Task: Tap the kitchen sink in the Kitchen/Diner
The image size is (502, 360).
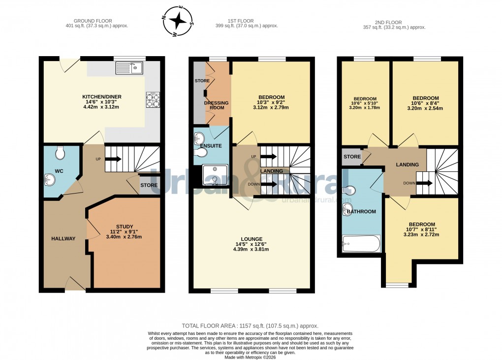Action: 129,68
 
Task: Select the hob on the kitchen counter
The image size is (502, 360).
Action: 152,100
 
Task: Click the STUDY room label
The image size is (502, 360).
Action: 125,227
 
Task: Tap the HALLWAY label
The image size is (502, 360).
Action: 63,239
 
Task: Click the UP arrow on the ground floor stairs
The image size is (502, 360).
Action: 113,159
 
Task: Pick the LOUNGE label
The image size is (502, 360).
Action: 251,239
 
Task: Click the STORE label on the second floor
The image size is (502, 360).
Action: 351,157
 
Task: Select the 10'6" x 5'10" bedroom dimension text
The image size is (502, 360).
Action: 365,103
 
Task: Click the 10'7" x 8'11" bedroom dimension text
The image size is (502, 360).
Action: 422,229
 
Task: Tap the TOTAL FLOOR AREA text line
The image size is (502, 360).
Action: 250,326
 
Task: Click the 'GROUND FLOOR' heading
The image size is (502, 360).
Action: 97,21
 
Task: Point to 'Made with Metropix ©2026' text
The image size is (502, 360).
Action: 250,357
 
